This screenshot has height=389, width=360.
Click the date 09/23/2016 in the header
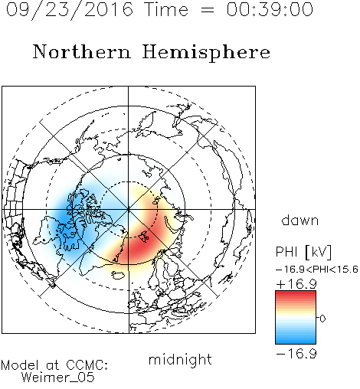coord(70,9)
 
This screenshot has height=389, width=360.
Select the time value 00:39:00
coord(270,9)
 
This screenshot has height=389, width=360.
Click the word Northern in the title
coord(82,52)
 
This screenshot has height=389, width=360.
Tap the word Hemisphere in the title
coord(206,52)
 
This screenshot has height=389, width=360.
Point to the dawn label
coord(300,221)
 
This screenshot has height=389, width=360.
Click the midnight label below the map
coord(180,359)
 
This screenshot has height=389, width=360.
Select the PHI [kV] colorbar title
coord(303,252)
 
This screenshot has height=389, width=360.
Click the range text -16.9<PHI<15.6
coord(317,270)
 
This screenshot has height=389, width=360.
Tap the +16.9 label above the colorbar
coord(296,284)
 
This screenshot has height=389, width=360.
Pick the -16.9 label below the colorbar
coord(296,354)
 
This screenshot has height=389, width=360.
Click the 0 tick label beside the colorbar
coord(322,319)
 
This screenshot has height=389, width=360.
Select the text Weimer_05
coord(58,378)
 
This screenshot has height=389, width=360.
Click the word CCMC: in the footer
coord(87,365)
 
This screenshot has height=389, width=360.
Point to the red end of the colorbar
coord(296,294)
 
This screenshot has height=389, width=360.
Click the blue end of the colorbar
coord(296,340)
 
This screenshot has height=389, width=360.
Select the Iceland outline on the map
coord(118,275)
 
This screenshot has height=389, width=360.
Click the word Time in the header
coord(166,9)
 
